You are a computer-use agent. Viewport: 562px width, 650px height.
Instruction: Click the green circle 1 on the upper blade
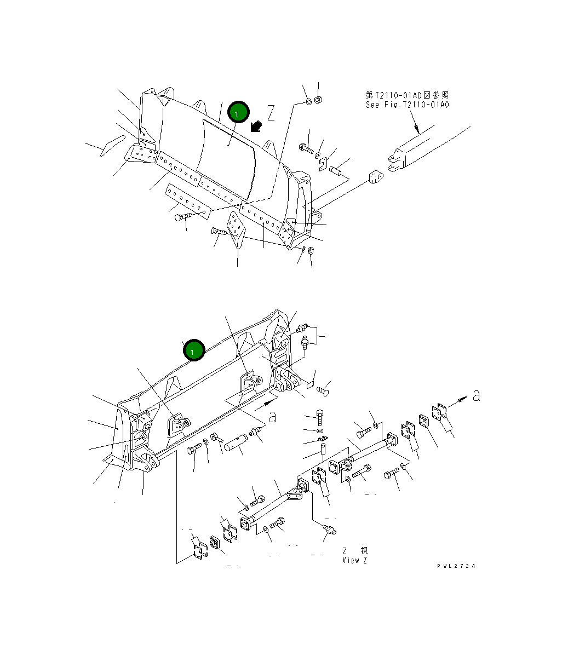(x=238, y=113)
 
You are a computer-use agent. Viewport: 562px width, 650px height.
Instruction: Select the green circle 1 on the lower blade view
(x=194, y=350)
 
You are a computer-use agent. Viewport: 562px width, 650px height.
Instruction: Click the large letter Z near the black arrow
(x=271, y=113)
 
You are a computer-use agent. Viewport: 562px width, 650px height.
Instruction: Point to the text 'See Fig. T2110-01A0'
(x=408, y=105)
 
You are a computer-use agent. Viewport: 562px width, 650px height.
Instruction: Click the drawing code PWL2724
(x=456, y=566)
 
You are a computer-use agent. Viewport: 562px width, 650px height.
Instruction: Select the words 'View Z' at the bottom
(x=355, y=560)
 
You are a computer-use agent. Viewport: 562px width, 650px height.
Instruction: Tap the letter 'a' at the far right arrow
(x=476, y=395)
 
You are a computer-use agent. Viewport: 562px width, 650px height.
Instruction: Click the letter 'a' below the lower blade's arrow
(x=272, y=417)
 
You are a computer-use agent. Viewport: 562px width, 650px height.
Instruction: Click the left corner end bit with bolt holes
(x=142, y=154)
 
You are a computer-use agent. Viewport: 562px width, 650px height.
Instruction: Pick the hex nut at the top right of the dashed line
(x=320, y=100)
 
